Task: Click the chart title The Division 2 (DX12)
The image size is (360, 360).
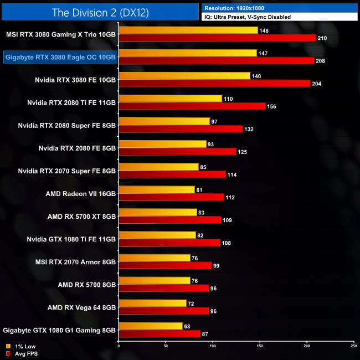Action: pyautogui.click(x=100, y=12)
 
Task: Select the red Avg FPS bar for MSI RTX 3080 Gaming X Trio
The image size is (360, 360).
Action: pyautogui.click(x=217, y=38)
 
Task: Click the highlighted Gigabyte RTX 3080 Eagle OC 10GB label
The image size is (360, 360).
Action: pyautogui.click(x=60, y=56)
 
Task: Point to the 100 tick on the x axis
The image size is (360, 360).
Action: pyautogui.click(x=213, y=346)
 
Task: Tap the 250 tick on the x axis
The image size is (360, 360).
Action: pyautogui.click(x=353, y=346)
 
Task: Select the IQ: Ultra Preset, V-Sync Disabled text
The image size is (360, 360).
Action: pyautogui.click(x=248, y=17)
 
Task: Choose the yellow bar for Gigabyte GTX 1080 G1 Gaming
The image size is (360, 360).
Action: pyautogui.click(x=151, y=326)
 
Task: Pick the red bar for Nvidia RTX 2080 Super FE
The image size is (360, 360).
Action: pyautogui.click(x=181, y=129)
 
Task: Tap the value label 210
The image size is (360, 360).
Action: pyautogui.click(x=323, y=38)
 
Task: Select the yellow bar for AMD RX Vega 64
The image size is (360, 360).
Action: pyautogui.click(x=152, y=303)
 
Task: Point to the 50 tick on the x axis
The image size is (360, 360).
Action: pyautogui.click(x=166, y=346)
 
